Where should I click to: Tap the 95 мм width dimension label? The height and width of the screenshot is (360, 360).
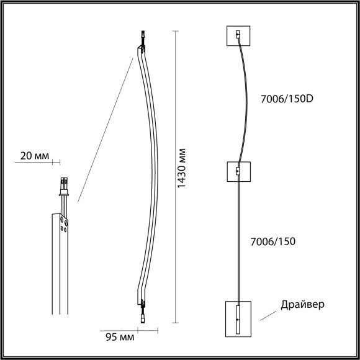(117, 337)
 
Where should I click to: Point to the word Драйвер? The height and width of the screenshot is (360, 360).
(302, 305)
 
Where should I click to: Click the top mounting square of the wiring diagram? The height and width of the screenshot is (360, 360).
(238, 36)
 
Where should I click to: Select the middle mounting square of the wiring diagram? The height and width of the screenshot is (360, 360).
(238, 171)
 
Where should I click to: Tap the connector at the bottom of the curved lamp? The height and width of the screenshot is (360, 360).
(142, 313)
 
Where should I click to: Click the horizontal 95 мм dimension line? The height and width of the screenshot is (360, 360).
(149, 331)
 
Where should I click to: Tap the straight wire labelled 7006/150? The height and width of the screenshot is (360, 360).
(238, 242)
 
